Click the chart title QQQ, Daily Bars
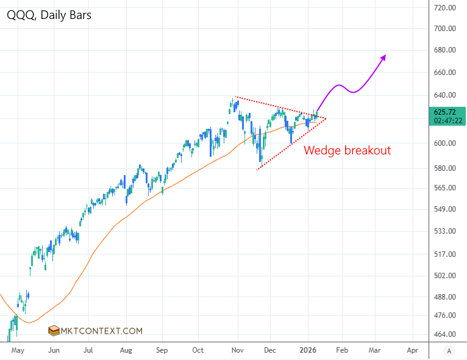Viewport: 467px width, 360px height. [49, 15]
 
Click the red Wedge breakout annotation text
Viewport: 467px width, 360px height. [347, 150]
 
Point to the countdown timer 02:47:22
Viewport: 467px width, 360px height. [447, 121]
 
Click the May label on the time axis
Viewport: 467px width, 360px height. [18, 351]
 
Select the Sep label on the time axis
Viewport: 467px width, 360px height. [162, 351]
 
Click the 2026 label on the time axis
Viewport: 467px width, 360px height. [307, 351]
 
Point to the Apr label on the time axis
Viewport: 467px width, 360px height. [412, 351]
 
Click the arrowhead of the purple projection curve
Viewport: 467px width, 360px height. [384, 57]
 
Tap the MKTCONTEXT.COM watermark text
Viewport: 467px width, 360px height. [104, 331]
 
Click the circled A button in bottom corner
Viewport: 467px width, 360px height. [449, 351]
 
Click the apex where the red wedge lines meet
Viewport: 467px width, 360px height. [326, 118]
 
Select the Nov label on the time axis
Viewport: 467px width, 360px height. [238, 351]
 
